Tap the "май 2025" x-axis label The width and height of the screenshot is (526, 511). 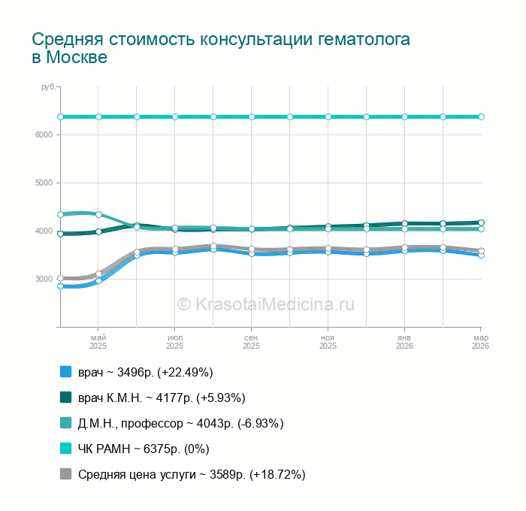coord(98,342)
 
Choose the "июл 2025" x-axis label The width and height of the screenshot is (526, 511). coord(175,342)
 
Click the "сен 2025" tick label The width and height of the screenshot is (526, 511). coord(252,342)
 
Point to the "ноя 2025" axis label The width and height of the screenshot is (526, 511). coord(328,342)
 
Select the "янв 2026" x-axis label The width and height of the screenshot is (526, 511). coord(405,342)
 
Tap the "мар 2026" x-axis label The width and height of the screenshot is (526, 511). coord(479,342)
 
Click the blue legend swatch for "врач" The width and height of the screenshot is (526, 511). coord(65,372)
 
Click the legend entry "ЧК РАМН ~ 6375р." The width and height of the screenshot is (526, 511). coord(144,449)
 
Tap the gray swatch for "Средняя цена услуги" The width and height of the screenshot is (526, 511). coord(65,474)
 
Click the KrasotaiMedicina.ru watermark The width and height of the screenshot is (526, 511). coord(265,304)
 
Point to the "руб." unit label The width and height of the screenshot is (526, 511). coord(48,88)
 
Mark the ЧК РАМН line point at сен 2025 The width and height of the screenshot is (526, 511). coord(252,116)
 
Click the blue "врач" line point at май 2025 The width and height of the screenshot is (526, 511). coord(98,281)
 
